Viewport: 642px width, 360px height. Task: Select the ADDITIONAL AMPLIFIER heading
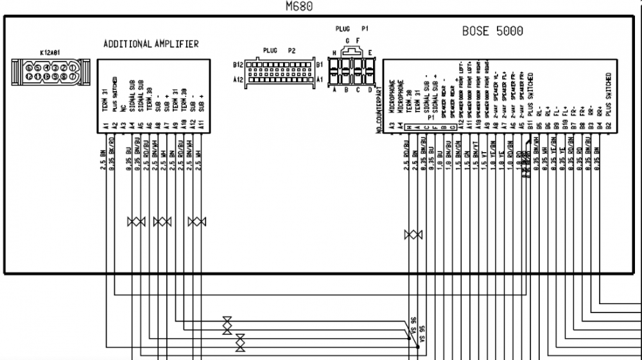151,44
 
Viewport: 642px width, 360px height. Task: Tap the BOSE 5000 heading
492,31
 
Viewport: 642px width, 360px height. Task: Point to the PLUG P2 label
279,50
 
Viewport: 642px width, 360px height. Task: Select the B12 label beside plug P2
239,64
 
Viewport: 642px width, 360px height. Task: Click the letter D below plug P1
370,90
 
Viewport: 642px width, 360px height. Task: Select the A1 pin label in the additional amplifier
104,127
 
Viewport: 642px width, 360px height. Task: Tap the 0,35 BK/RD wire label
112,160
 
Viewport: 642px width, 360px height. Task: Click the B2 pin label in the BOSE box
607,127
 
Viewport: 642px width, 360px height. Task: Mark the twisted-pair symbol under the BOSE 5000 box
413,236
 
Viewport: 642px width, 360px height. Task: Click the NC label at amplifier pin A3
121,109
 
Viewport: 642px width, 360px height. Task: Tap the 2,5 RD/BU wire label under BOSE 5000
406,160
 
